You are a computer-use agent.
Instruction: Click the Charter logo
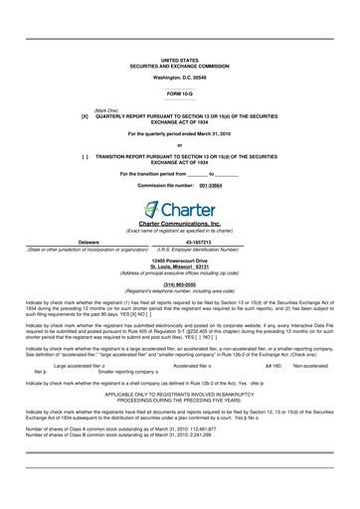[180, 210]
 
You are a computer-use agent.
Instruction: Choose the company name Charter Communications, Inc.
[180, 226]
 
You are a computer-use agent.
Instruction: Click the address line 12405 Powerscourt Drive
[180, 258]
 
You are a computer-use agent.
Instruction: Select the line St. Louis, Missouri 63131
[180, 264]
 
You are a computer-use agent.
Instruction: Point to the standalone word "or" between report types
[180, 145]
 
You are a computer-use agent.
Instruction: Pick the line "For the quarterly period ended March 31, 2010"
[180, 133]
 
